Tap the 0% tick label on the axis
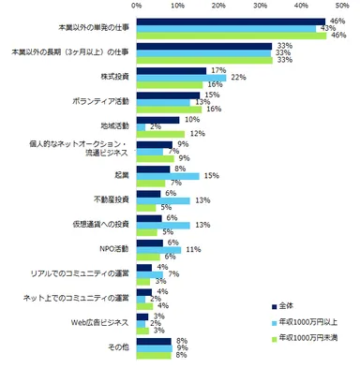pyautogui.click(x=138, y=6)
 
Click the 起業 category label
pyautogui.click(x=120, y=174)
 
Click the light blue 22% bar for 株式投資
pyautogui.click(x=182, y=77)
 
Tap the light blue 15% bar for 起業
pyautogui.click(x=168, y=174)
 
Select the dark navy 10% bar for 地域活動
pyautogui.click(x=158, y=119)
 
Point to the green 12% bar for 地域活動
pyautogui.click(x=162, y=132)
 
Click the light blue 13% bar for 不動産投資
pyautogui.click(x=164, y=199)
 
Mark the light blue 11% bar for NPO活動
pyautogui.click(x=159, y=248)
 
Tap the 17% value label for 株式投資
pyautogui.click(x=215, y=70)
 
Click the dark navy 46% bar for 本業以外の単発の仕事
pyautogui.click(x=231, y=21)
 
